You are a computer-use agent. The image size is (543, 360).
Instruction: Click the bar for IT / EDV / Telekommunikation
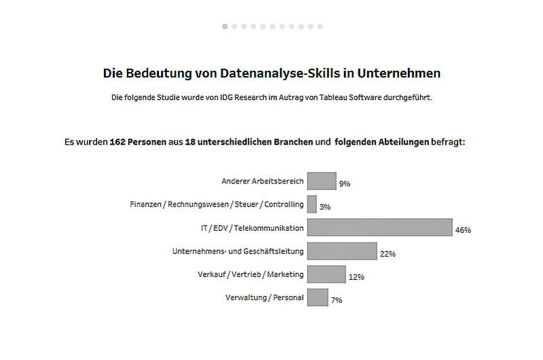pos(379,227)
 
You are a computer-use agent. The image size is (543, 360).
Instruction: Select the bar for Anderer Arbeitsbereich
pos(322,181)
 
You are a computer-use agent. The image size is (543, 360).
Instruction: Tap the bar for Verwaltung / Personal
pos(318,297)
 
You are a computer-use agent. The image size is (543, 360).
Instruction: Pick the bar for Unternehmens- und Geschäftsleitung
pos(342,251)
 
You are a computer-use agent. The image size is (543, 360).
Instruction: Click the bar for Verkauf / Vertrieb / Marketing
pos(326,274)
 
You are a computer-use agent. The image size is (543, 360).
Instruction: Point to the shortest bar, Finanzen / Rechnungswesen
pos(312,204)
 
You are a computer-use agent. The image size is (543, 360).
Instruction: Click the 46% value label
pos(463,230)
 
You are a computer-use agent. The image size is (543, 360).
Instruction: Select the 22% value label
pos(388,254)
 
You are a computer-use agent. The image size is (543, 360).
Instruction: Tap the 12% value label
pos(356,277)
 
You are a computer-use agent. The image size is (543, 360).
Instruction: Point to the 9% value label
pos(345,184)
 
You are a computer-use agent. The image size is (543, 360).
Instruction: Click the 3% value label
pos(325,207)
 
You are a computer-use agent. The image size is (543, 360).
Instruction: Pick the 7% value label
pos(337,300)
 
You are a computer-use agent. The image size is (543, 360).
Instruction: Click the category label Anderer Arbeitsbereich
pos(263,181)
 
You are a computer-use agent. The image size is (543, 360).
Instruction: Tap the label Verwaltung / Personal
pos(264,297)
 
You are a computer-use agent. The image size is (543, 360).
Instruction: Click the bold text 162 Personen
pos(138,143)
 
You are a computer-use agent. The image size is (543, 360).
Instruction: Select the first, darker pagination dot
pos(225,26)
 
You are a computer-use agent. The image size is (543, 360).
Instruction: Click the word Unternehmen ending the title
pos(396,73)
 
